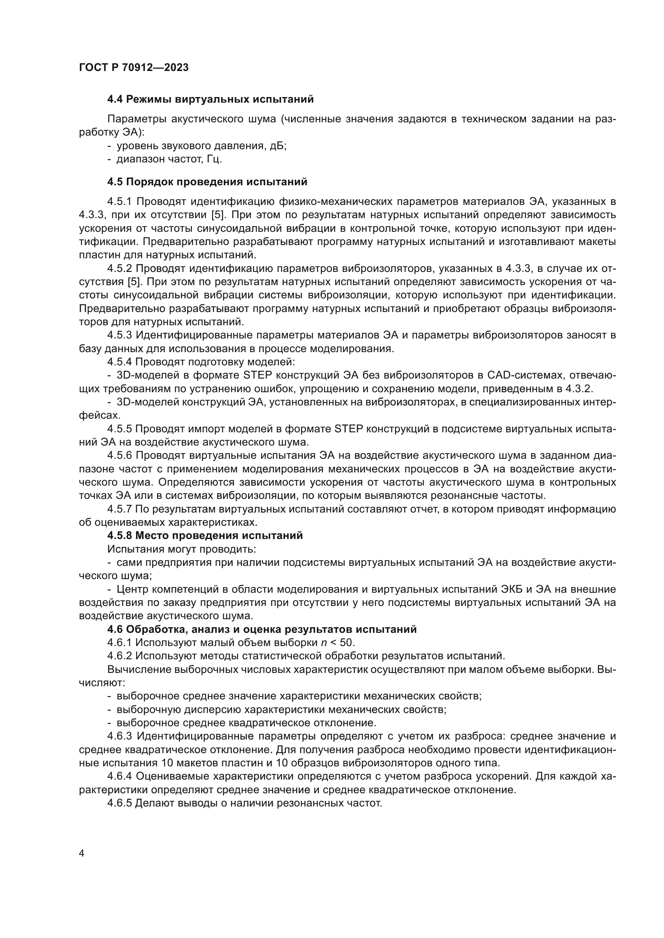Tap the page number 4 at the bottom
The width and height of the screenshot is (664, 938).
coord(82,853)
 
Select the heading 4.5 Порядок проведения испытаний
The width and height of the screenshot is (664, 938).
coord(207,182)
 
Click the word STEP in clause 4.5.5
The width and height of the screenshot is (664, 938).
coord(346,429)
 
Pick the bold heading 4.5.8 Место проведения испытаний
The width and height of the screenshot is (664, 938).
coord(205,536)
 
